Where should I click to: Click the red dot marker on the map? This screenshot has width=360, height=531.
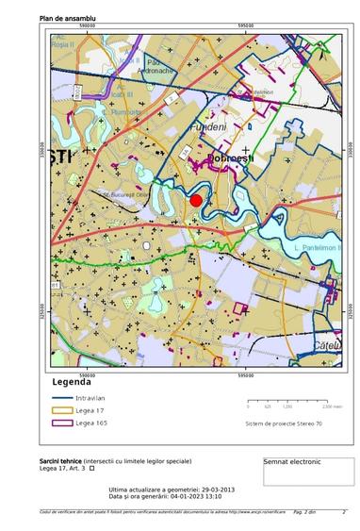(196, 200)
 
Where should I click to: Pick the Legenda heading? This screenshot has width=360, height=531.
(71, 383)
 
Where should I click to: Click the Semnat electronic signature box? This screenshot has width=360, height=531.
(293, 462)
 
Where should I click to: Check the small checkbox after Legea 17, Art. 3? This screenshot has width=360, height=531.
(91, 468)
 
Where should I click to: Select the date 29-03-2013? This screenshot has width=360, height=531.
(214, 490)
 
